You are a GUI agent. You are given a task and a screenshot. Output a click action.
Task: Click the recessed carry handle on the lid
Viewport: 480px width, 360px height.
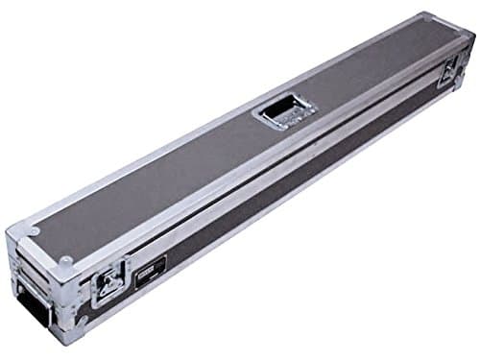pos(284,111)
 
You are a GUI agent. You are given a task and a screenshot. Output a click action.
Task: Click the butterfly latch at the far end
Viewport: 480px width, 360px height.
pos(448,73)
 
